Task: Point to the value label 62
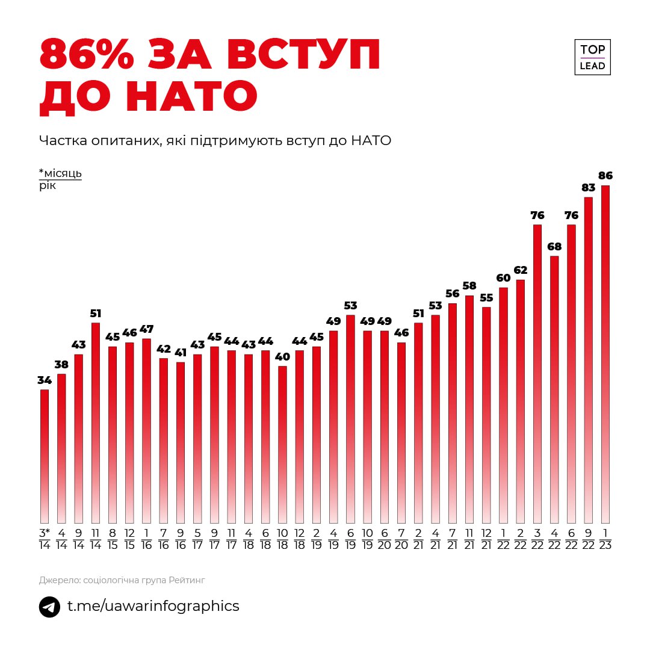520,270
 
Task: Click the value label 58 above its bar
469,286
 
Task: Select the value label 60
503,278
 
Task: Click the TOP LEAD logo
592,58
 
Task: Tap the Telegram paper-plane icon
49,606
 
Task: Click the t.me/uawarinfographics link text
153,606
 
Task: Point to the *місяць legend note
60,173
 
